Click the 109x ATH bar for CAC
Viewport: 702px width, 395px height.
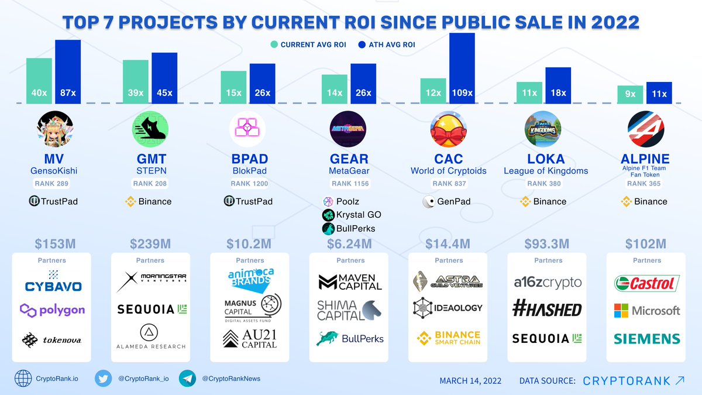(x=462, y=68)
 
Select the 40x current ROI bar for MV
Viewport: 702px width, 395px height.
(x=39, y=81)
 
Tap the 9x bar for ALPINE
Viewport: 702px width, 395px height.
(x=630, y=94)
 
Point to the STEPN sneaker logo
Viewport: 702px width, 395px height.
(x=150, y=129)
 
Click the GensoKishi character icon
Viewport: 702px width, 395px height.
(x=54, y=129)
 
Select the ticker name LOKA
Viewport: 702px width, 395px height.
(x=546, y=159)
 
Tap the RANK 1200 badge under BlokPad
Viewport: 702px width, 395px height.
(x=250, y=184)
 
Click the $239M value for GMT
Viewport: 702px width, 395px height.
(x=151, y=243)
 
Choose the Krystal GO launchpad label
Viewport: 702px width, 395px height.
(x=352, y=215)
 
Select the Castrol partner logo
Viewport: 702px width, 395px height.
(x=646, y=284)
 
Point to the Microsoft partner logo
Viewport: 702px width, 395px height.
(x=646, y=311)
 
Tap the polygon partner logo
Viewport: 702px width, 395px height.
(x=53, y=310)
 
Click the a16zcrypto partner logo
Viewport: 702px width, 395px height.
(x=548, y=283)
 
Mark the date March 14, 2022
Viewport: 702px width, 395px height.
(x=470, y=381)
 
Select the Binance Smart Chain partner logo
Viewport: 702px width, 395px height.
(x=449, y=338)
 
